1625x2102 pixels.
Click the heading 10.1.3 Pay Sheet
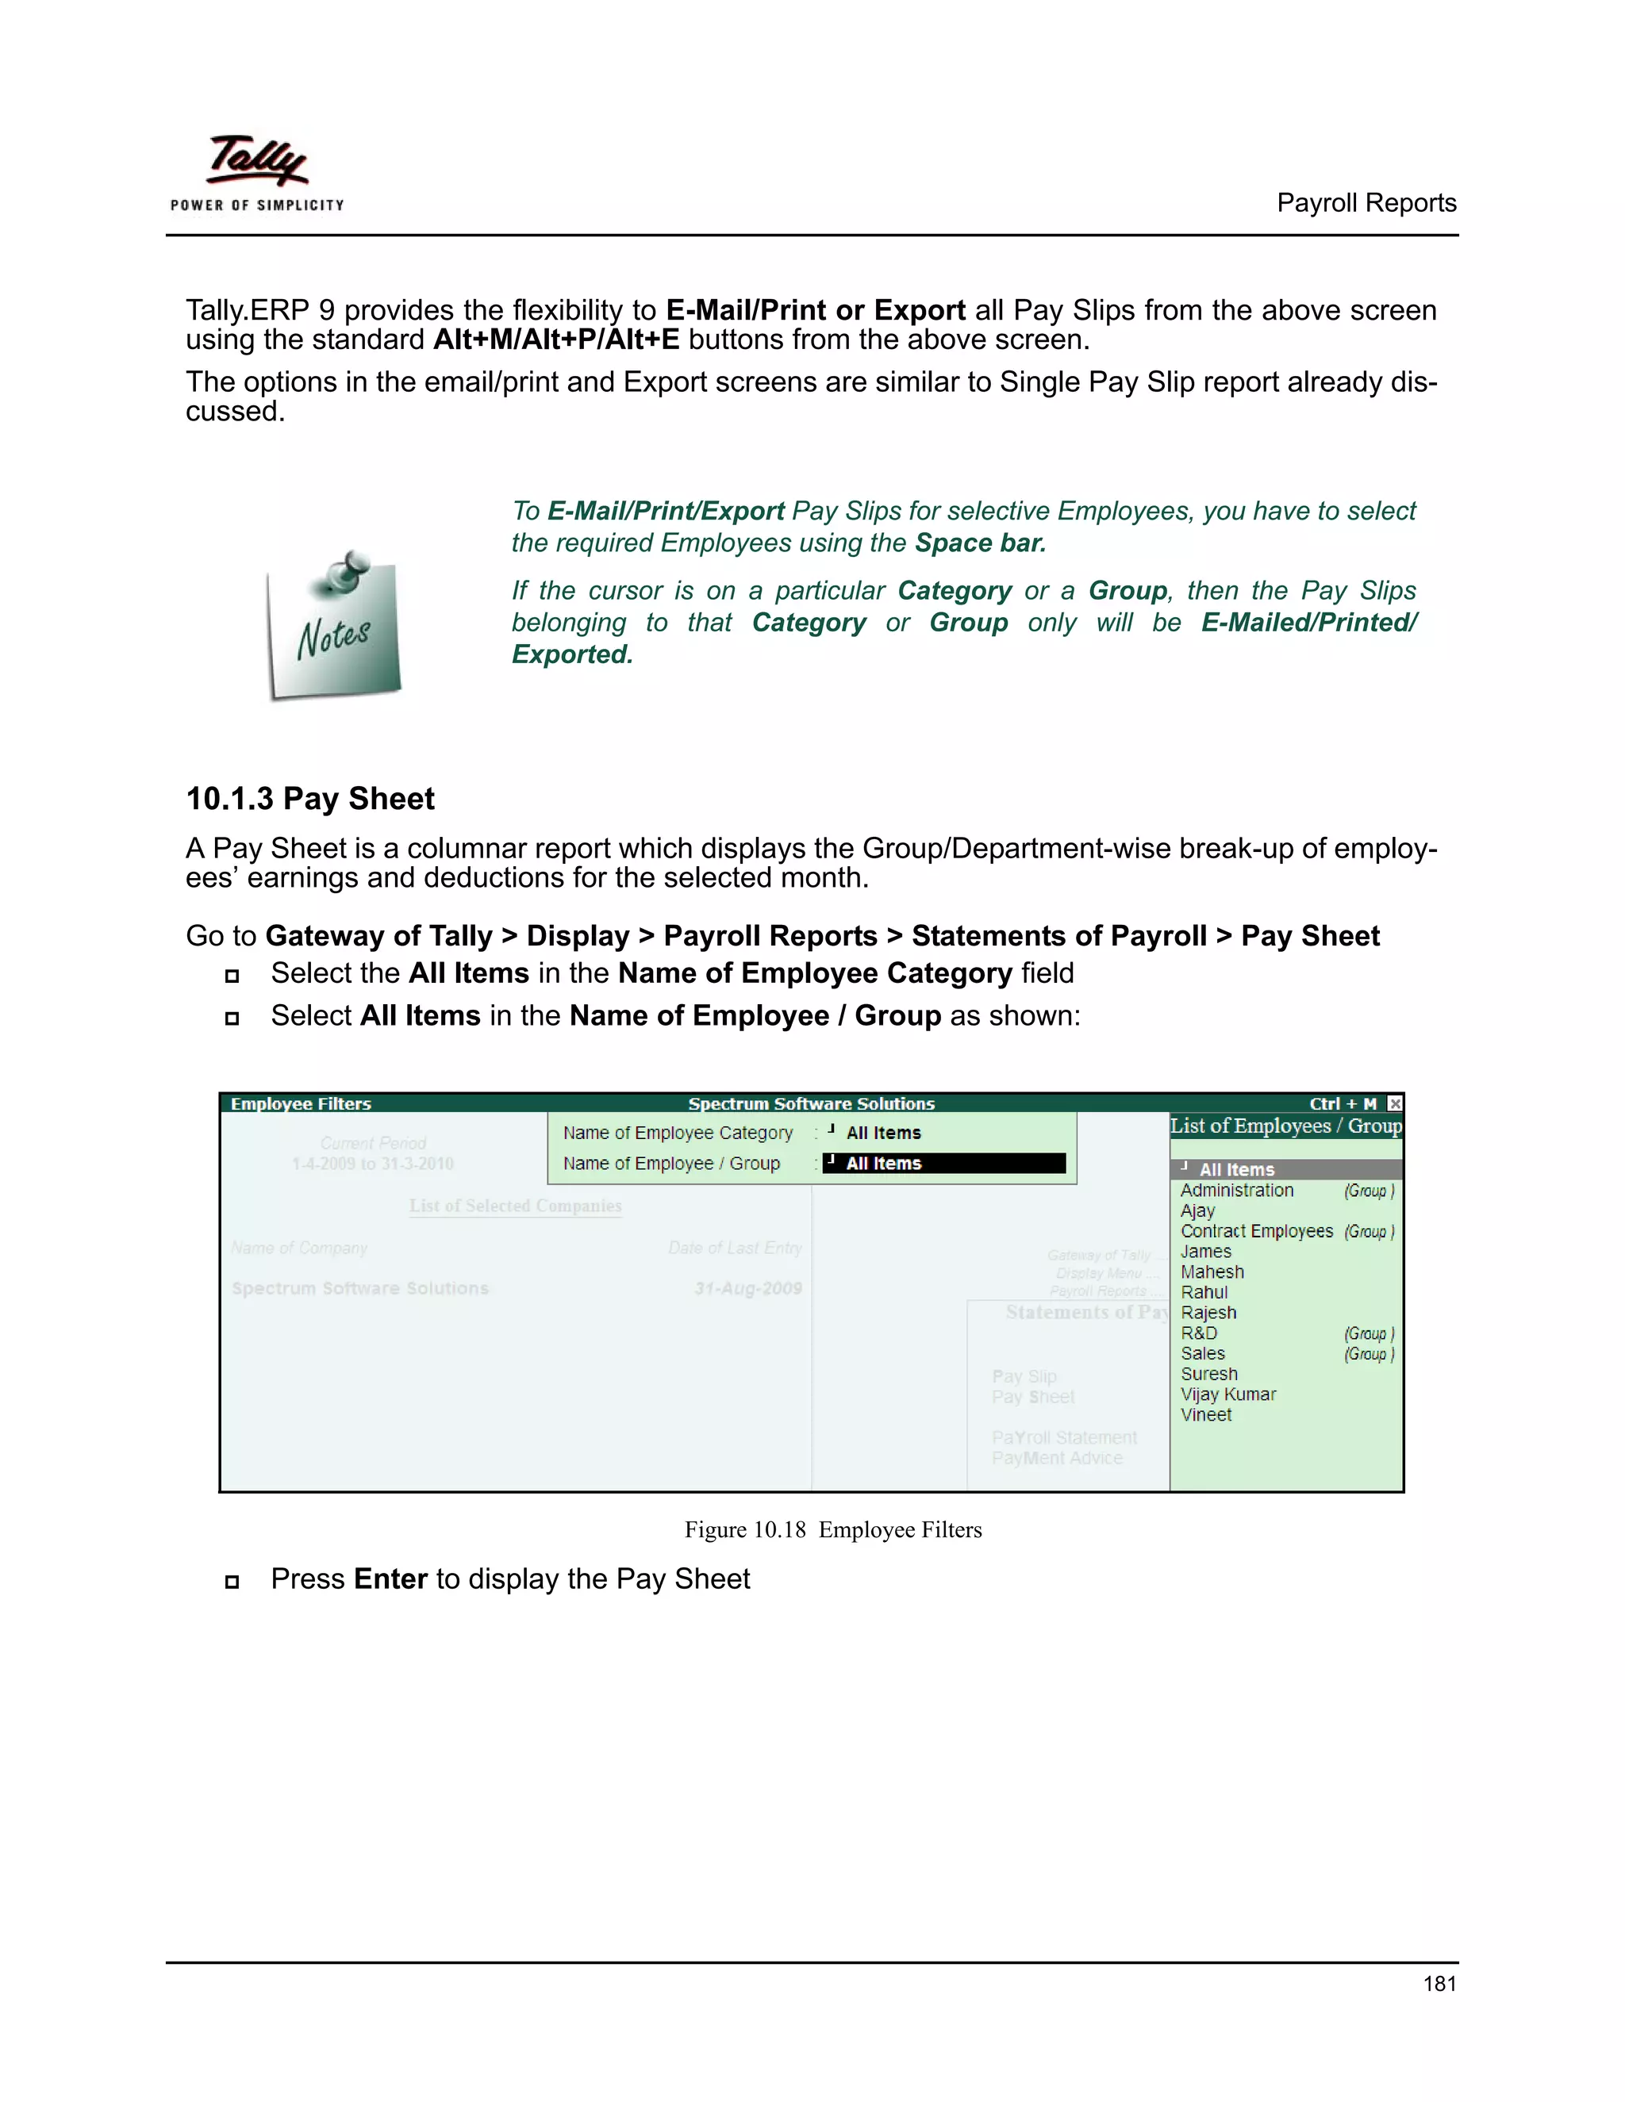click(310, 799)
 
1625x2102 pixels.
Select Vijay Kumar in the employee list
click(1227, 1394)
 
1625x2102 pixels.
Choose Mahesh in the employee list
click(1212, 1272)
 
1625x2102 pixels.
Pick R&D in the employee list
click(1200, 1333)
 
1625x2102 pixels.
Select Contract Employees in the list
click(1256, 1232)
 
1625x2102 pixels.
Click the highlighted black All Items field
click(943, 1164)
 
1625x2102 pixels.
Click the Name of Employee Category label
click(678, 1133)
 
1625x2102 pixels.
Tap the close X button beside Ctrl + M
click(1394, 1104)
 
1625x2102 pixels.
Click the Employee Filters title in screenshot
click(301, 1104)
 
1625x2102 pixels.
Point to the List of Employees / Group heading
click(1285, 1126)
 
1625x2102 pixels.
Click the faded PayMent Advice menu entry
click(1057, 1458)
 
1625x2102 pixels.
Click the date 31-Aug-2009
click(748, 1289)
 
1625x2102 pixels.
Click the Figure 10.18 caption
click(832, 1530)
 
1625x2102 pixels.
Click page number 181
click(1439, 1984)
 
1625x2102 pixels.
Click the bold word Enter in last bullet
click(390, 1579)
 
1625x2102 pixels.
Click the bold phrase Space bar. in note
click(980, 543)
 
